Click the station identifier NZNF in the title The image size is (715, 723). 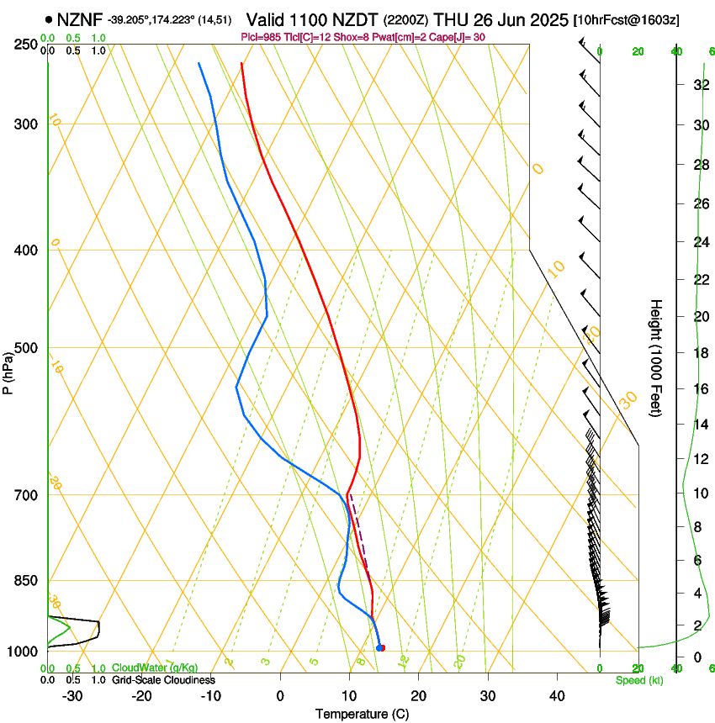80,19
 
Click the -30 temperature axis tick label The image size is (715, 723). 72,696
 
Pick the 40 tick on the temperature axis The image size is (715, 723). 556,696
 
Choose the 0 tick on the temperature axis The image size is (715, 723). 280,696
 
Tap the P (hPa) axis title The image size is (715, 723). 8,371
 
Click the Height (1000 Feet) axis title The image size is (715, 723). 656,357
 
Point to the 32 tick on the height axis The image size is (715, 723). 700,84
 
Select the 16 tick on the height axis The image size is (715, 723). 700,388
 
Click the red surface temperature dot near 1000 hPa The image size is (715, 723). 381,647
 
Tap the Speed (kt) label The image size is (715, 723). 638,679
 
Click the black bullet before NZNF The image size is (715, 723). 49,19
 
